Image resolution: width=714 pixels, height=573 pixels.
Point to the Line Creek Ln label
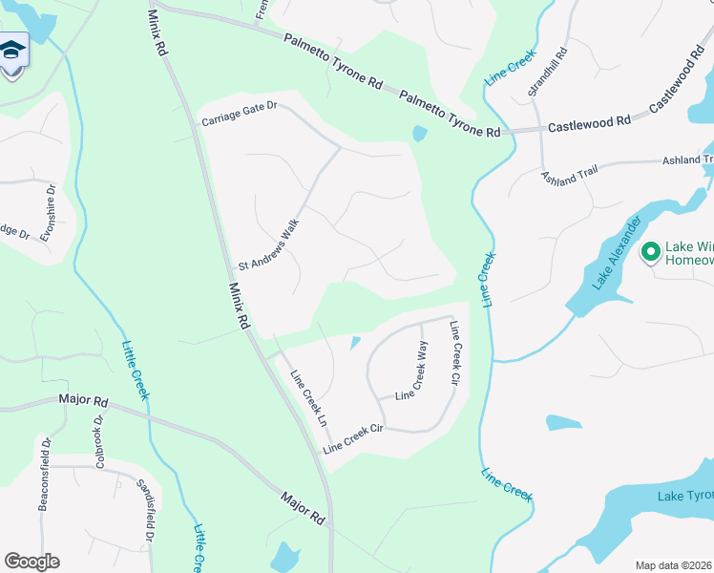308,398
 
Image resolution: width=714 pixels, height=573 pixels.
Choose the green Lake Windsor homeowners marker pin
652,252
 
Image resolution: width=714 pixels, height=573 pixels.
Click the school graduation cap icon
12,51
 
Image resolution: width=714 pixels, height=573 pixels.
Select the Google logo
31,562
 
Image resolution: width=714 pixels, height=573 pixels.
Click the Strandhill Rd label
547,72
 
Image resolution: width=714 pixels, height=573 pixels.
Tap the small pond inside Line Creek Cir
355,342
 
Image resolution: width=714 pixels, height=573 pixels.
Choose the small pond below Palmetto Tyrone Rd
418,134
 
